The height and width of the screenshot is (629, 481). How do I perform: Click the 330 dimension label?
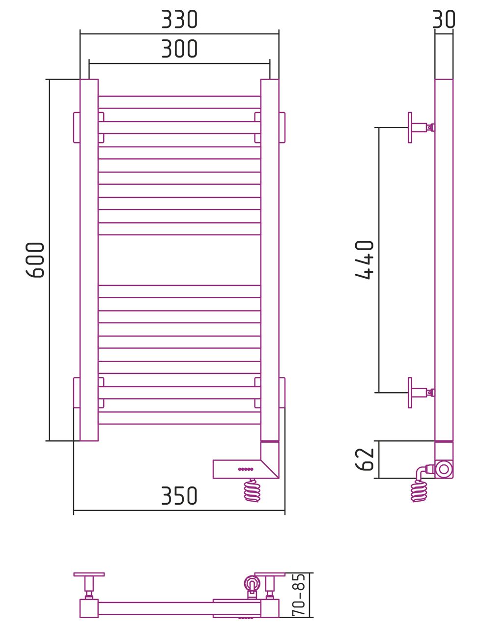pos(179,19)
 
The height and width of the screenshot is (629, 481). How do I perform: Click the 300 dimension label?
pos(179,49)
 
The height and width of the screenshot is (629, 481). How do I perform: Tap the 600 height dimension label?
pos(35,260)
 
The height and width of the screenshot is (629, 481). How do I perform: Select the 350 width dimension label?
pos(179,495)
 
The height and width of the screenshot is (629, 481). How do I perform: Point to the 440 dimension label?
pos(364,259)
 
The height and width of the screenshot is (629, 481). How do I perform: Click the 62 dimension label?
pos(364,459)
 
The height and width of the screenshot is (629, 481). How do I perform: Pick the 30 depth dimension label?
pos(444,19)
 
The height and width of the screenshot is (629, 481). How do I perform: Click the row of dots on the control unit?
pos(246,469)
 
